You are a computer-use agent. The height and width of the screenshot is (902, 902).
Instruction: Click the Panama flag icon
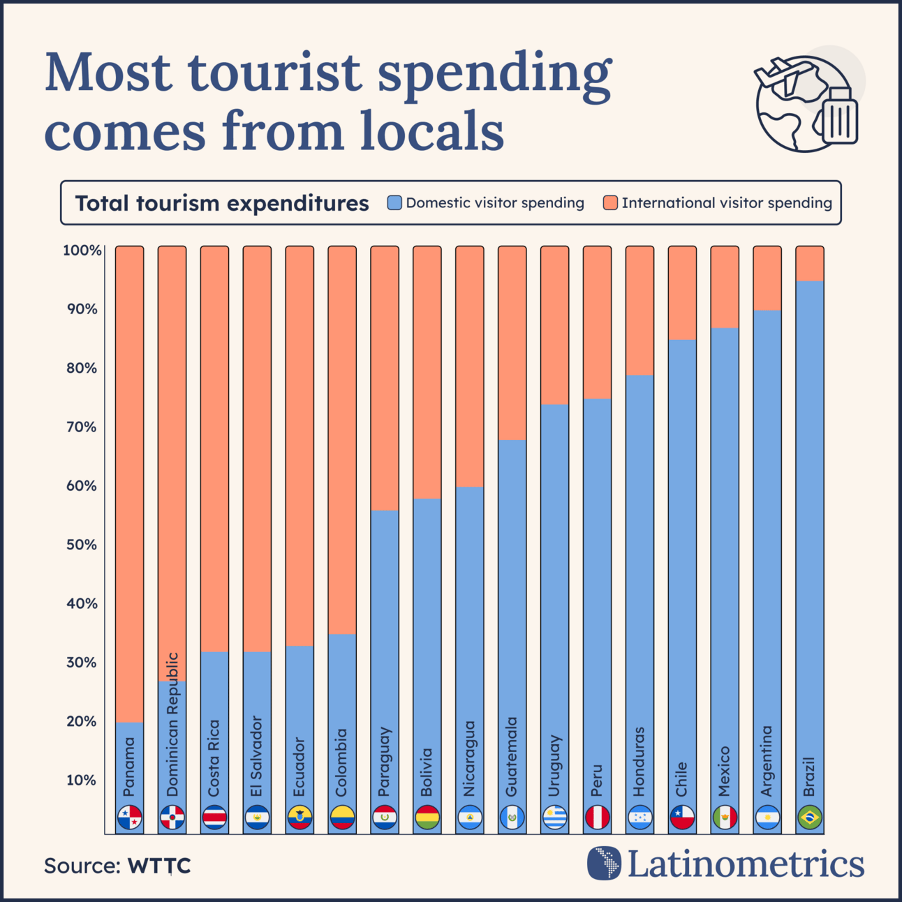130,817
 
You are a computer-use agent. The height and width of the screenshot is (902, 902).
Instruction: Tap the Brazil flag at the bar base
810,817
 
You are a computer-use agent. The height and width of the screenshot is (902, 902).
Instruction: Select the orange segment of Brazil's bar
810,264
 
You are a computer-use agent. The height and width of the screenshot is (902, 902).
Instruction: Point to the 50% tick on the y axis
82,545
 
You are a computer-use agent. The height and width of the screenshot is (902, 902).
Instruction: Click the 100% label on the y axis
82,250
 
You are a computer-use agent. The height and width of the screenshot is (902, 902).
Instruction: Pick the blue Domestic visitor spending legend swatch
394,203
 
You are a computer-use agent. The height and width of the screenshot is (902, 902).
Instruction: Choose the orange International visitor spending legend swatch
610,203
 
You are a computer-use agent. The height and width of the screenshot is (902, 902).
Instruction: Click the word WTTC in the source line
159,866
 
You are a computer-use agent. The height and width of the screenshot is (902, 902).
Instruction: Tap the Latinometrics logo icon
604,863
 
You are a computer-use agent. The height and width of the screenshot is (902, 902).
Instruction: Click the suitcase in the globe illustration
840,117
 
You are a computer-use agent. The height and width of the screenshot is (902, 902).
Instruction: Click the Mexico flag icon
725,817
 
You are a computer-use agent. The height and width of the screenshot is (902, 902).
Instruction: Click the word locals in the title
432,131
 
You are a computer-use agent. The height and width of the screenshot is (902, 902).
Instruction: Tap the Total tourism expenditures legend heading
222,203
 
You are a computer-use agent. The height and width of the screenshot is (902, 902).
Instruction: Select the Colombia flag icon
342,817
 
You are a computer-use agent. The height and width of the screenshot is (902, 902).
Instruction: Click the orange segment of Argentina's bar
767,279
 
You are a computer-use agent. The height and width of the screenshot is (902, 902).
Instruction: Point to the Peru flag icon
597,817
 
